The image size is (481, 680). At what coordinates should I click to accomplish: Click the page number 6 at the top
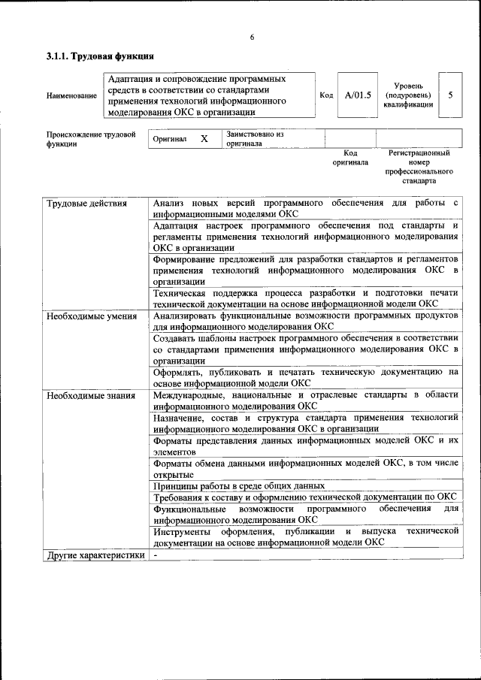tap(252, 37)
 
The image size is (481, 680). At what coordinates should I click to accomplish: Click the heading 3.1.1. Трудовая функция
tap(100, 56)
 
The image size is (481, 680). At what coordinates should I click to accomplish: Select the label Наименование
tap(71, 95)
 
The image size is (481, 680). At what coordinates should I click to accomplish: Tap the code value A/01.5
tap(358, 95)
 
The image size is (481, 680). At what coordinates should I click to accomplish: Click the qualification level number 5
tap(450, 95)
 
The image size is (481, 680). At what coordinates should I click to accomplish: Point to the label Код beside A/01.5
tap(326, 95)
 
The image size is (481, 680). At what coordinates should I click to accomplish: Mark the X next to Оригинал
tap(204, 139)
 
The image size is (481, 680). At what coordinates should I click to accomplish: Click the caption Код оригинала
tap(350, 157)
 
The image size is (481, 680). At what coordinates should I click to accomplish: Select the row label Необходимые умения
tap(91, 316)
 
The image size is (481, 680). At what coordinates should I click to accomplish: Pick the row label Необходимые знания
tap(90, 395)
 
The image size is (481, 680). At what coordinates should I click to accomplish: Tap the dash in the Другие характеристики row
tap(155, 555)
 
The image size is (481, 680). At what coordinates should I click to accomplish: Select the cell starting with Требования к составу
tap(304, 497)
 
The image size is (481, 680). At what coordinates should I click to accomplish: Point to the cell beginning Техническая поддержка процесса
tap(304, 298)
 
